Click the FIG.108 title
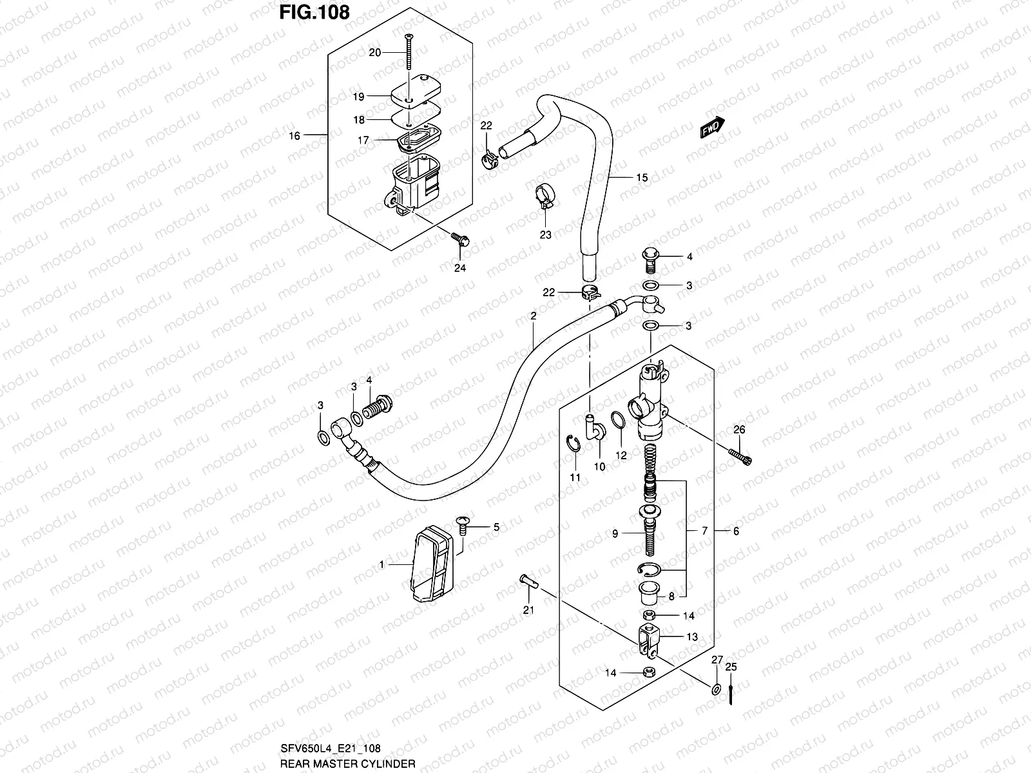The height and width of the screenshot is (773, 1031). pos(314,12)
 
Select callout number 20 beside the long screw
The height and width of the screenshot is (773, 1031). pos(374,52)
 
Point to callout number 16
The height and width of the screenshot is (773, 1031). pos(294,136)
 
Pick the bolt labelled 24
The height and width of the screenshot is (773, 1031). pos(461,240)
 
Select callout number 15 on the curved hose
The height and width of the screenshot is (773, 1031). pos(641,178)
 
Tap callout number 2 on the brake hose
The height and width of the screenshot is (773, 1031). pos(534,316)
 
